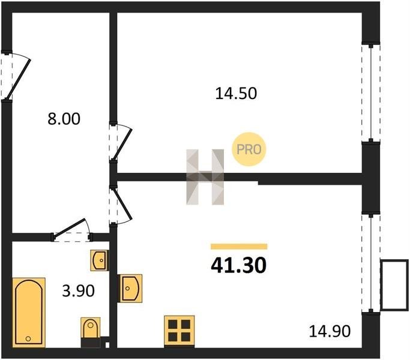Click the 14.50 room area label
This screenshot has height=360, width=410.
pos(236,94)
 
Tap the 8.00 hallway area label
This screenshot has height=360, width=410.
pos(64,119)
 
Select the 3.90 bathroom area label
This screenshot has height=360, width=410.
pos(78,291)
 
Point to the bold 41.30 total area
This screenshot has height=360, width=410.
pos(238,265)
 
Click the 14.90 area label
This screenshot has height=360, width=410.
pos(330,331)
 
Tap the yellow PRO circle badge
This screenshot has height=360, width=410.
pos(249,149)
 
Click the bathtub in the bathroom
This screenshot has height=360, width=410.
pos(29,313)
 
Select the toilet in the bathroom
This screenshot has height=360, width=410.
pos(91,332)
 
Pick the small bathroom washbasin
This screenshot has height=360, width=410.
pos(99,260)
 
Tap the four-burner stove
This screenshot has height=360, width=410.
pos(179,331)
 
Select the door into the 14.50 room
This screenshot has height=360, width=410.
pos(122,143)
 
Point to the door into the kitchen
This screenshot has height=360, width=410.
pos(122,205)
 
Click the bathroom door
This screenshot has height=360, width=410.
pos(71,229)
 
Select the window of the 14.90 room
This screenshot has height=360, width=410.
pos(371,263)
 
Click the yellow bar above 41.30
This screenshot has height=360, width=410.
pos(239,247)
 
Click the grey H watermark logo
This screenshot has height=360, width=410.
pos(205,177)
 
